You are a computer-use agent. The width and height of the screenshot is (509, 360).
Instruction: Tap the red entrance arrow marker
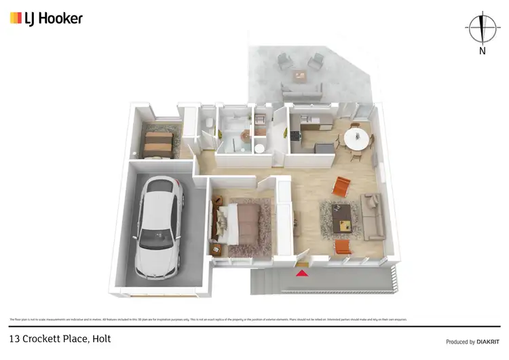302,273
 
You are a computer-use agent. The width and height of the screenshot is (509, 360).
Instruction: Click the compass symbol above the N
481,28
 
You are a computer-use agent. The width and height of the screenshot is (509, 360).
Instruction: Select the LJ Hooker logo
46,18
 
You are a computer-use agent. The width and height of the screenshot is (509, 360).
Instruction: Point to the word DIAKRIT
485,342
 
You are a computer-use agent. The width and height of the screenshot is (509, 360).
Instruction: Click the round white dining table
357,139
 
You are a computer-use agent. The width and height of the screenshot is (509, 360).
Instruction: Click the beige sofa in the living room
373,216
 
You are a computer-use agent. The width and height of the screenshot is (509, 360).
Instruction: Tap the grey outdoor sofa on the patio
302,89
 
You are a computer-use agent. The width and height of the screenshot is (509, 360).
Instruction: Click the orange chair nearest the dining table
342,184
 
